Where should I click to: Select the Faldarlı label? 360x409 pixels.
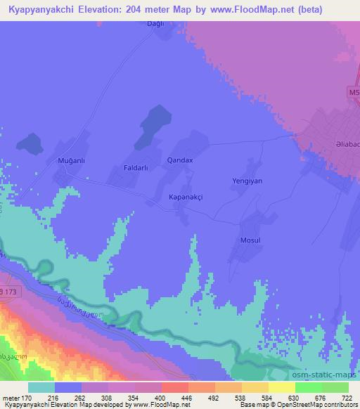coord(138,169)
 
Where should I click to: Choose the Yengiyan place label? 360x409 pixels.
coord(247,181)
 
